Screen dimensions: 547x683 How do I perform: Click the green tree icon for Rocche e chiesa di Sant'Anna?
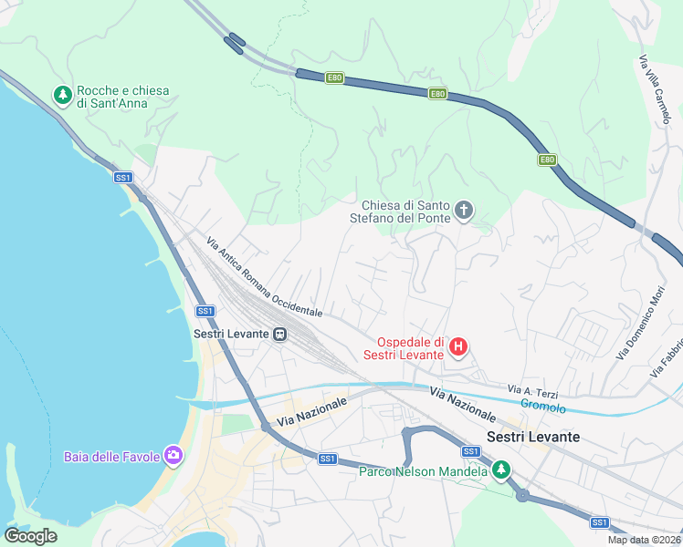coord(63,96)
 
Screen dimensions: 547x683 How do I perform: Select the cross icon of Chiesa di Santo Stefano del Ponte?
coord(464,212)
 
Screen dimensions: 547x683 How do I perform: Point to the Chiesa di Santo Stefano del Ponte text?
coord(406,212)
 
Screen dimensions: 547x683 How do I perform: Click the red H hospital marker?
coord(459,346)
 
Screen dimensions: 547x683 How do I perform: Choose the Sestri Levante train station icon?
coord(280,334)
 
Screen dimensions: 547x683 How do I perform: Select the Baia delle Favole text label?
coord(111,456)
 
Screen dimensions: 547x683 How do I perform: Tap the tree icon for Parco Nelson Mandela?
coord(499,470)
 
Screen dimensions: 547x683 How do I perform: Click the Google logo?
coord(30,536)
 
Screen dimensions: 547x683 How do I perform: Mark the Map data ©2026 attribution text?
coord(644,540)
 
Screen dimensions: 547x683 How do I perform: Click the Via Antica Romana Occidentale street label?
coord(264,277)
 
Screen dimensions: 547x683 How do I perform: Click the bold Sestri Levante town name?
coord(534,437)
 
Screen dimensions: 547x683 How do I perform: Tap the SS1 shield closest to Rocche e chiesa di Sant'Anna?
coord(123,177)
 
